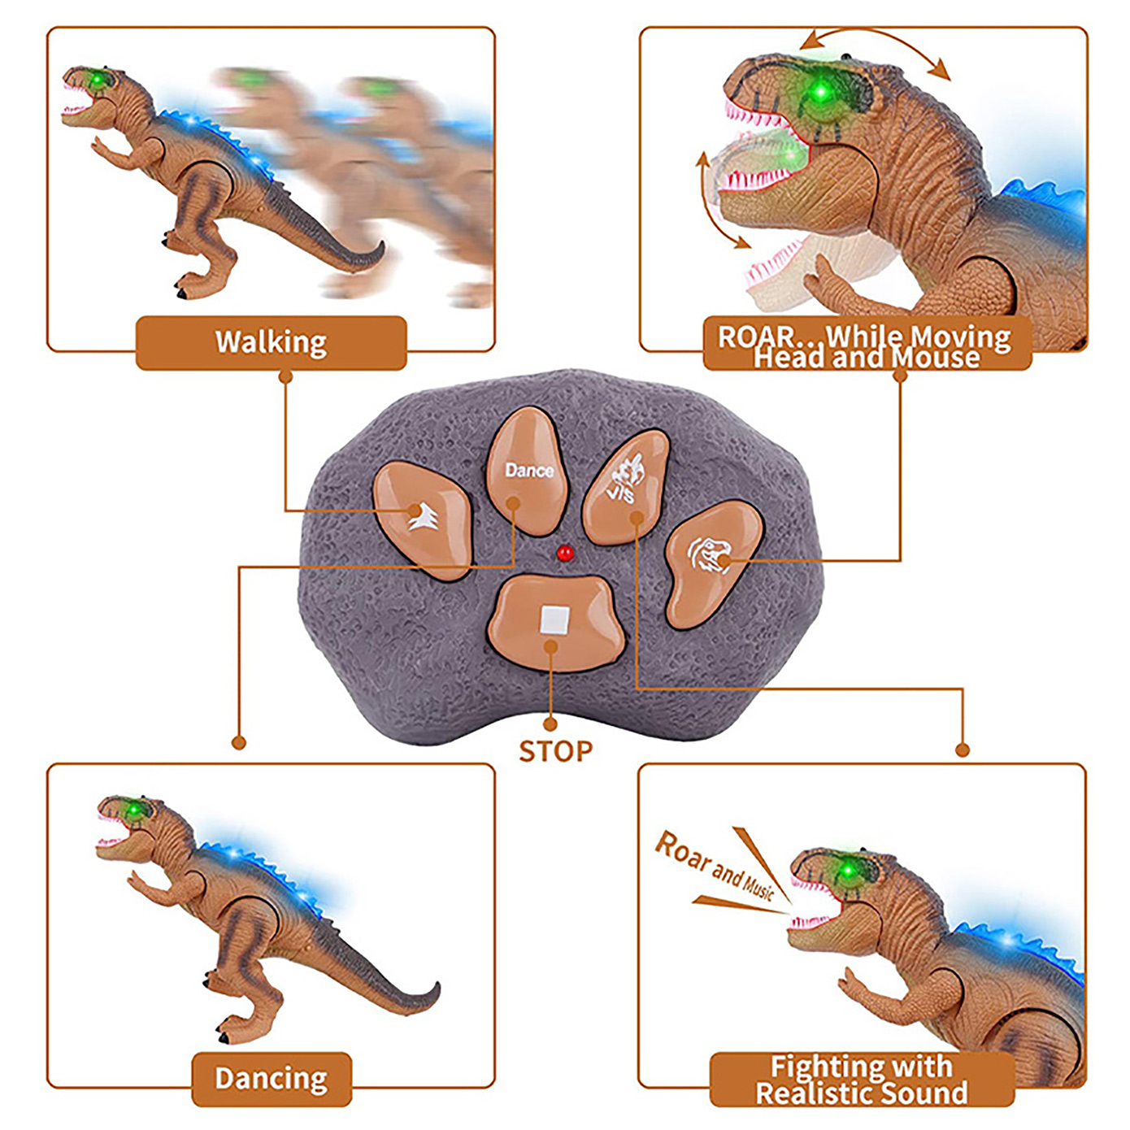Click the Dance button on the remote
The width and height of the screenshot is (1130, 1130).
click(528, 471)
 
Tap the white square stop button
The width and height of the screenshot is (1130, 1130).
click(555, 620)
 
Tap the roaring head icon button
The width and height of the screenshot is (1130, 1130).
click(710, 558)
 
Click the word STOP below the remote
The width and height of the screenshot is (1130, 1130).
click(556, 752)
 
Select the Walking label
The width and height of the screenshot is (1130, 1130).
click(271, 342)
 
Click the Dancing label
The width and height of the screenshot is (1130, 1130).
click(272, 1079)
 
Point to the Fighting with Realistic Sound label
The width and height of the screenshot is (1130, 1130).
click(862, 1080)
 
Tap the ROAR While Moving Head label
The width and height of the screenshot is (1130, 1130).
click(865, 346)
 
